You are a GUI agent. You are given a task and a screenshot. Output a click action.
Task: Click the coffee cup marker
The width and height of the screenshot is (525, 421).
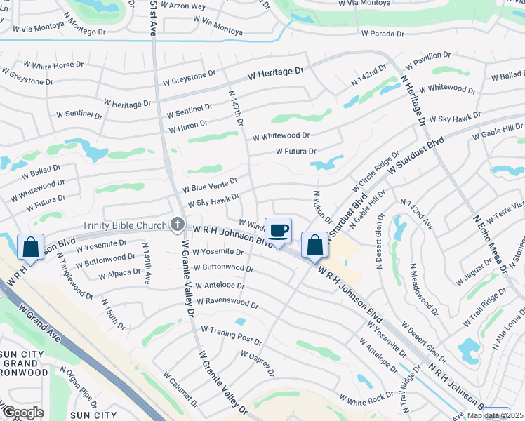click(278, 231)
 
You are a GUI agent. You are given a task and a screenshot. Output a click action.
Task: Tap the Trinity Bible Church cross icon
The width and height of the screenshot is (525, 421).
click(178, 225)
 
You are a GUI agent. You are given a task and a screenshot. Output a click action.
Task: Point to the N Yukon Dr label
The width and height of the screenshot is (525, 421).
click(322, 207)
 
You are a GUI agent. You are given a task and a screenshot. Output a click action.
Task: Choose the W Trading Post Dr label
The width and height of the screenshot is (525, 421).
click(231, 335)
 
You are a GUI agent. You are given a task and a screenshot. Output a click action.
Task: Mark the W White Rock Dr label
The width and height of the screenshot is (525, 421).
click(366, 400)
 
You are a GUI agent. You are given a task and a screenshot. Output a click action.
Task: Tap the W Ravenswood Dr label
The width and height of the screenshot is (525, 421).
click(227, 304)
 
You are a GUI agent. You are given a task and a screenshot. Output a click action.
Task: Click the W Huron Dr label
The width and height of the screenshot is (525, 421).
click(188, 127)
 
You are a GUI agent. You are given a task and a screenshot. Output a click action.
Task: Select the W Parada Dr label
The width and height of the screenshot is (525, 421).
click(383, 34)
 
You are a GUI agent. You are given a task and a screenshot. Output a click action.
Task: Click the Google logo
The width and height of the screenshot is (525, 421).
click(24, 413)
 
